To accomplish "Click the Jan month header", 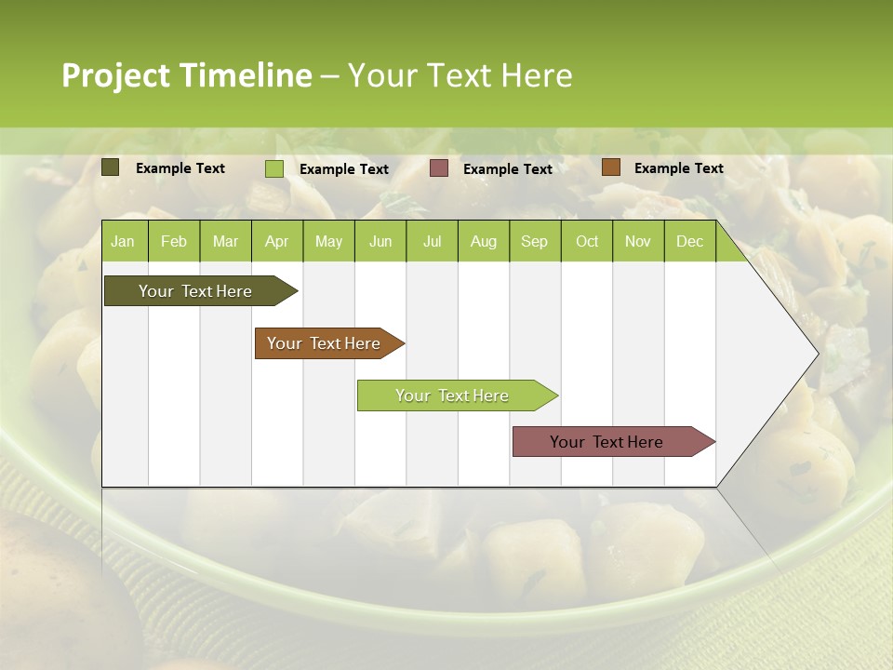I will pyautogui.click(x=123, y=242).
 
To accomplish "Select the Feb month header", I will pyautogui.click(x=174, y=242).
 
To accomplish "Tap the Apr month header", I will pyautogui.click(x=276, y=242).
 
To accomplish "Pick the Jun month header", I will pyautogui.click(x=380, y=242).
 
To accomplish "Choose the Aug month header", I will pyautogui.click(x=483, y=242).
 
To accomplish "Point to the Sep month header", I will pyautogui.click(x=534, y=242).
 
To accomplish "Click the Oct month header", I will pyautogui.click(x=587, y=242).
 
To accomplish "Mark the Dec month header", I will pyautogui.click(x=689, y=242).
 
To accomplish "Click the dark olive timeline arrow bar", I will pyautogui.click(x=195, y=291).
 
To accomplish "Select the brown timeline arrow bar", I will pyautogui.click(x=324, y=343).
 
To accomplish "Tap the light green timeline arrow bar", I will pyautogui.click(x=452, y=395).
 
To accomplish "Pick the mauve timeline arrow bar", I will pyautogui.click(x=606, y=442).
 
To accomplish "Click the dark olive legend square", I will pyautogui.click(x=111, y=167).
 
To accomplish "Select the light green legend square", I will pyautogui.click(x=274, y=168).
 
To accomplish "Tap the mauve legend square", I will pyautogui.click(x=439, y=168).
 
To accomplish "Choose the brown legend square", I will pyautogui.click(x=611, y=167).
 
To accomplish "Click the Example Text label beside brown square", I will pyautogui.click(x=678, y=168).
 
